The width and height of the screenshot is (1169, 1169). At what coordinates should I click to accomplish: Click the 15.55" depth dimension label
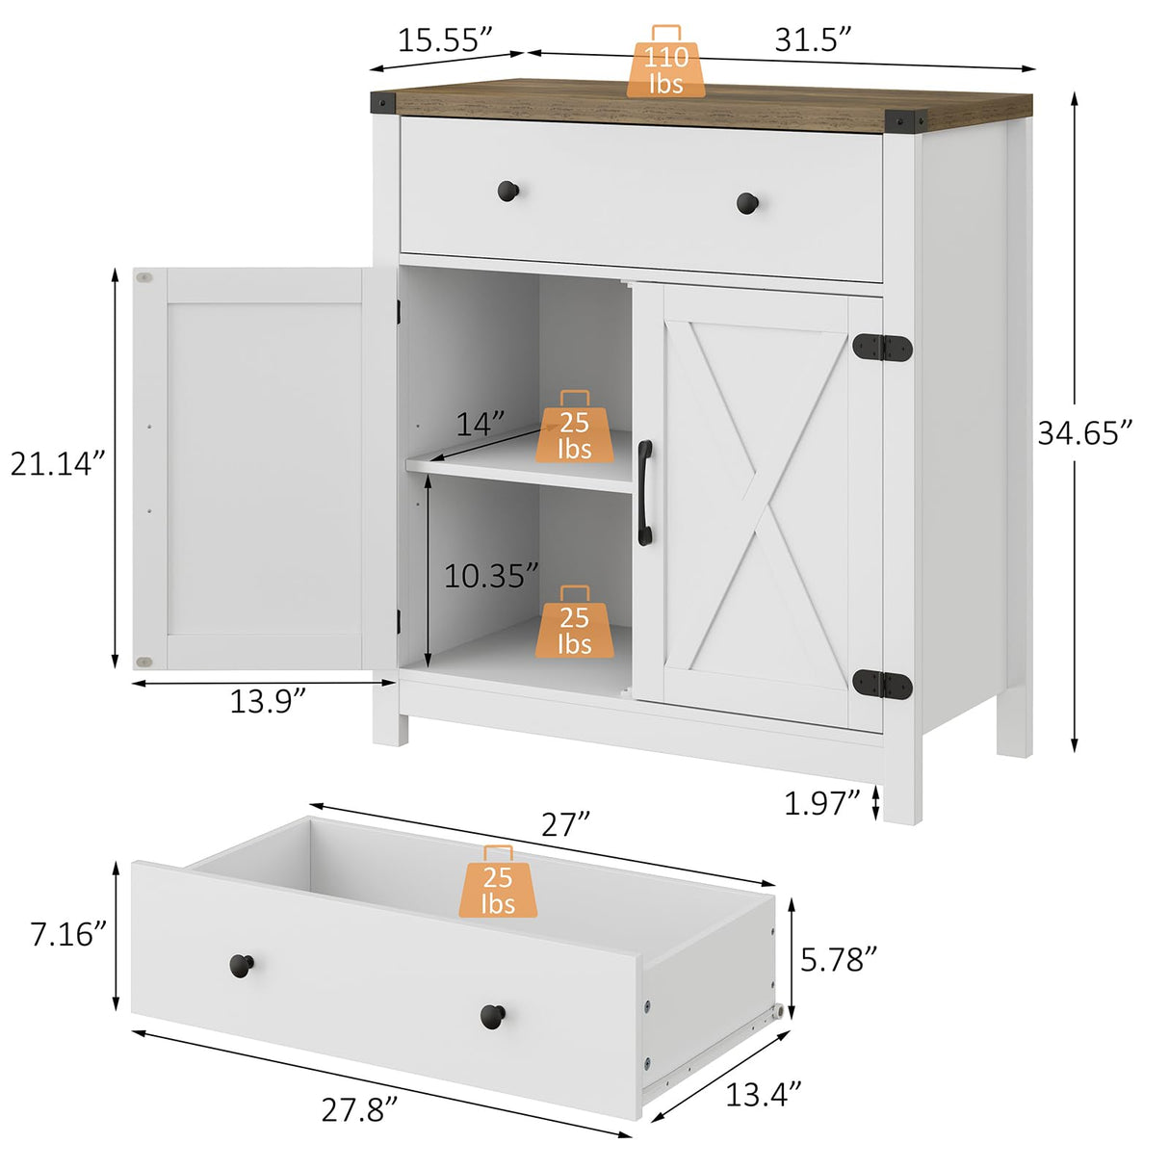445,39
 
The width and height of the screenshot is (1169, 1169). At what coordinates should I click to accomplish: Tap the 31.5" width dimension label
813,39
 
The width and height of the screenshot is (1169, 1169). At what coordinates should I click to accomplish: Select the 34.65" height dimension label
1085,433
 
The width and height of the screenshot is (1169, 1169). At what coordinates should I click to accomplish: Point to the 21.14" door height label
57,464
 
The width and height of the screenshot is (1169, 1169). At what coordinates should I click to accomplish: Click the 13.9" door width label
268,701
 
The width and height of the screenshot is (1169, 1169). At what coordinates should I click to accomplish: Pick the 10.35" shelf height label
490,576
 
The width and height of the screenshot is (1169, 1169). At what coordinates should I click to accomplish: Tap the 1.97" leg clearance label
820,802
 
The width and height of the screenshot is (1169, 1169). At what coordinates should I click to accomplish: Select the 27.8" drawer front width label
359,1109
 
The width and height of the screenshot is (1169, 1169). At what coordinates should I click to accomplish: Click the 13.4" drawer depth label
763,1094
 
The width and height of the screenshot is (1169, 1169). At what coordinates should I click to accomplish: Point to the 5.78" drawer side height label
839,959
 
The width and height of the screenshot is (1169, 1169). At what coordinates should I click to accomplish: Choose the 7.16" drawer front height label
67,934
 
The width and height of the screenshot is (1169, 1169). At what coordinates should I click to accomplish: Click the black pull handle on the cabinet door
644,493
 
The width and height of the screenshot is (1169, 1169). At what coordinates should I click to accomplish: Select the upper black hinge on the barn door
882,348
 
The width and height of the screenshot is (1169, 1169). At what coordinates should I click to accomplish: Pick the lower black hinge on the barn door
882,684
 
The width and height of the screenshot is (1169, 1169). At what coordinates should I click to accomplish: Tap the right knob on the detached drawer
492,1015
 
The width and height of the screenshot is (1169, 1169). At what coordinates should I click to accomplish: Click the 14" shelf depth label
480,424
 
